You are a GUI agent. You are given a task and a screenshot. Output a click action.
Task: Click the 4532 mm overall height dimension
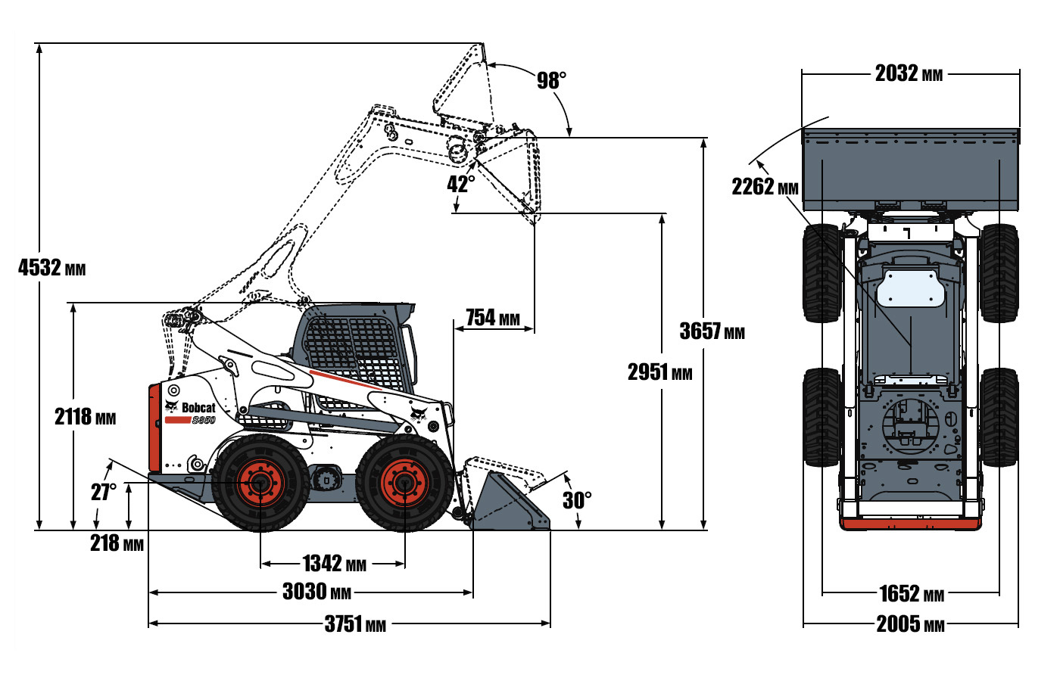[x=51, y=267]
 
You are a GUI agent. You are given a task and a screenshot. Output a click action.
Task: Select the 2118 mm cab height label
[x=85, y=416]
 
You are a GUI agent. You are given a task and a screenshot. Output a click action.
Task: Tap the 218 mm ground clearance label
[x=117, y=543]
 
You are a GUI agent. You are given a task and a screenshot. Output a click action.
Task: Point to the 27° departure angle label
[x=104, y=492]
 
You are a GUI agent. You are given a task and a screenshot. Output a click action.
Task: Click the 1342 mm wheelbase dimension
[x=334, y=564]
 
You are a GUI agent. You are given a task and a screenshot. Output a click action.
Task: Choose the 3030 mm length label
[x=316, y=592]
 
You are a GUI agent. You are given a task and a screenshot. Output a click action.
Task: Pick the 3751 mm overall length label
[x=355, y=623]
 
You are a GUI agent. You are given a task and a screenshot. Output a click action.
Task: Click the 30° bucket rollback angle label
[x=577, y=500]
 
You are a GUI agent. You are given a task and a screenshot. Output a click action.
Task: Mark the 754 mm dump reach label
[x=492, y=318]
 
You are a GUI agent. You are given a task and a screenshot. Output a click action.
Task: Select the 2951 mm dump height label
[x=659, y=372]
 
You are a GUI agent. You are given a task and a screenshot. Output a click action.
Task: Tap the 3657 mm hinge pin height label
[x=712, y=331]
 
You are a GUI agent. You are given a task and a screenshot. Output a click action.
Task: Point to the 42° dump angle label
[x=461, y=184]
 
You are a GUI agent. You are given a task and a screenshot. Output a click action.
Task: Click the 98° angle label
[x=551, y=80]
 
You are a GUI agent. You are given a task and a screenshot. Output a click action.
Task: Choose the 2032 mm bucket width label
[x=909, y=73]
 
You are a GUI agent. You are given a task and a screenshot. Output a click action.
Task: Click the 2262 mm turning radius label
[x=765, y=186]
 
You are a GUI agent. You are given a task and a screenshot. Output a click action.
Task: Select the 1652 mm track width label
[x=911, y=594]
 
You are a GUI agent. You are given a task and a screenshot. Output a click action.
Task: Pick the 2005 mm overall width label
[x=910, y=624]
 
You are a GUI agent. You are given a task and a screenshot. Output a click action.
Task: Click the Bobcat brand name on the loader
[x=198, y=408]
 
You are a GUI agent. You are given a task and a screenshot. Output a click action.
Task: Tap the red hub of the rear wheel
[x=260, y=483]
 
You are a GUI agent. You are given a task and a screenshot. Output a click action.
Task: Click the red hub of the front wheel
[x=404, y=483]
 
